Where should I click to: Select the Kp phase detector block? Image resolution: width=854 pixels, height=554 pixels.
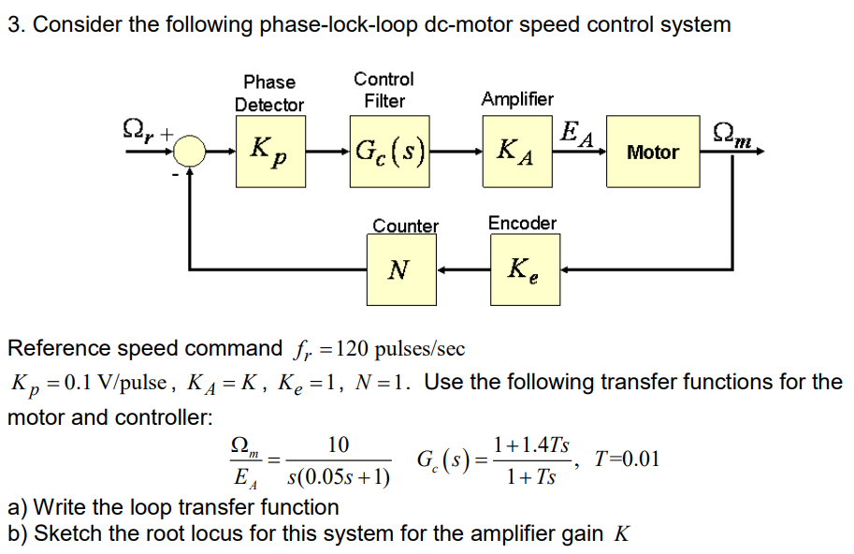pyautogui.click(x=268, y=150)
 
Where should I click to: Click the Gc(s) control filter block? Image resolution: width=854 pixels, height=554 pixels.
pyautogui.click(x=385, y=150)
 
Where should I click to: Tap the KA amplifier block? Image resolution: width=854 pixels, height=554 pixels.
pyautogui.click(x=515, y=150)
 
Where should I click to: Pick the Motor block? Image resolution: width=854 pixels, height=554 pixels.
pyautogui.click(x=652, y=151)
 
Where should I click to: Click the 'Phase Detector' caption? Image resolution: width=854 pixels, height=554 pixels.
pyautogui.click(x=269, y=94)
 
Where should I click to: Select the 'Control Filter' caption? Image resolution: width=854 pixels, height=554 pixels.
pyautogui.click(x=384, y=90)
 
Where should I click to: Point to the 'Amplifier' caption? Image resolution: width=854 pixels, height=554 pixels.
pyautogui.click(x=517, y=99)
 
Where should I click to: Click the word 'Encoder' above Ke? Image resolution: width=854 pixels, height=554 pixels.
pyautogui.click(x=522, y=223)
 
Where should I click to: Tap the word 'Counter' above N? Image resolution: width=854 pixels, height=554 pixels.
pyautogui.click(x=405, y=226)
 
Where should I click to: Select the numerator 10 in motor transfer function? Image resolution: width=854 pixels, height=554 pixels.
pyautogui.click(x=338, y=444)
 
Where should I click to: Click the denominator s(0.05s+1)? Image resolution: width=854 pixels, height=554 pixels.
pyautogui.click(x=338, y=478)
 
